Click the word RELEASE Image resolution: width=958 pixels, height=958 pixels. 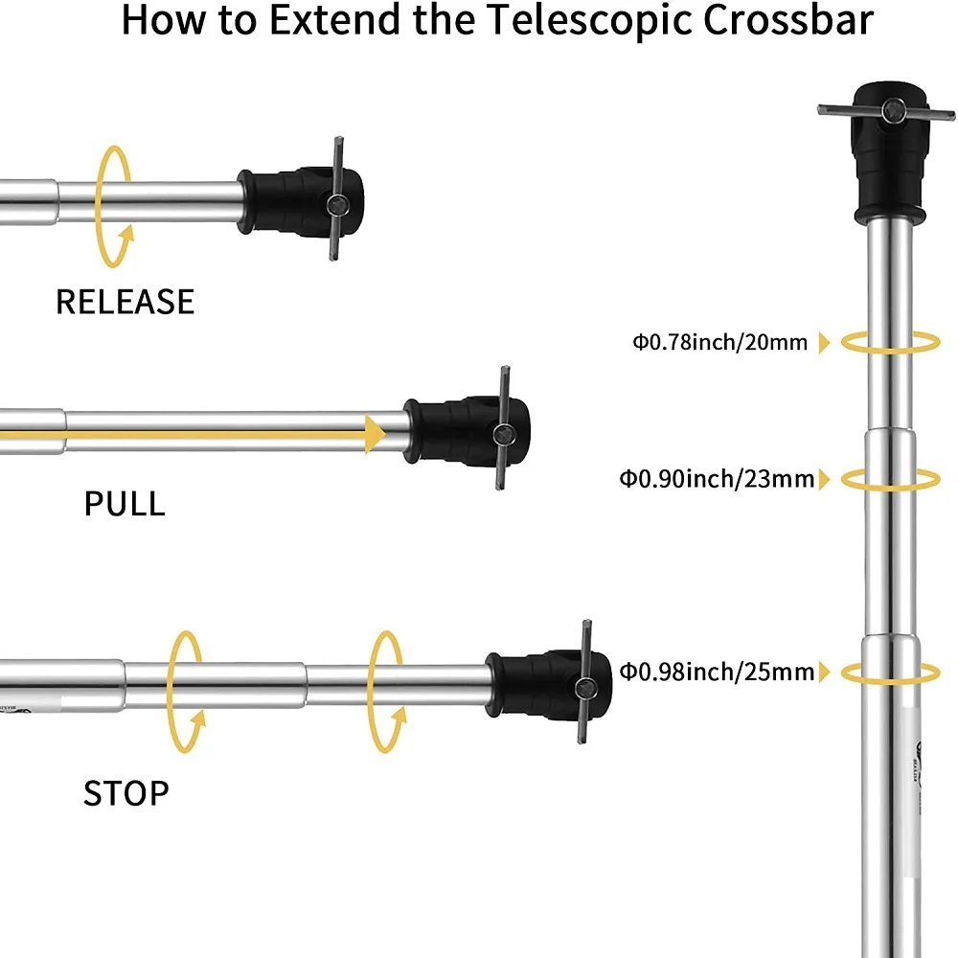pyautogui.click(x=125, y=302)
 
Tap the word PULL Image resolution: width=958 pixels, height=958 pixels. pyautogui.click(x=125, y=503)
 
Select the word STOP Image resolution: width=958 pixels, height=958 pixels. pyautogui.click(x=125, y=793)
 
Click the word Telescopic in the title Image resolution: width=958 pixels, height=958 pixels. pyautogui.click(x=565, y=21)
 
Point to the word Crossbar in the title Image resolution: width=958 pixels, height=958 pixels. pyautogui.click(x=783, y=21)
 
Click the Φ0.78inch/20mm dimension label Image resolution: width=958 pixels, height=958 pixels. pyautogui.click(x=719, y=342)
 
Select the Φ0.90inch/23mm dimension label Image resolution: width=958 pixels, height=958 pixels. pyautogui.click(x=717, y=478)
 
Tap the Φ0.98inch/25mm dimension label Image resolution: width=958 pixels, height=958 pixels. pyautogui.click(x=717, y=671)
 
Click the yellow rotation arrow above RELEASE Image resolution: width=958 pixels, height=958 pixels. pyautogui.click(x=115, y=206)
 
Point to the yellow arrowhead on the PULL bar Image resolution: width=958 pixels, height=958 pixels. pyautogui.click(x=374, y=433)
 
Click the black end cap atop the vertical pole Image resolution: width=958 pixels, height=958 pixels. pyautogui.click(x=889, y=148)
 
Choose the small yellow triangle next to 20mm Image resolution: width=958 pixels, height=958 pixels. pyautogui.click(x=824, y=343)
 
